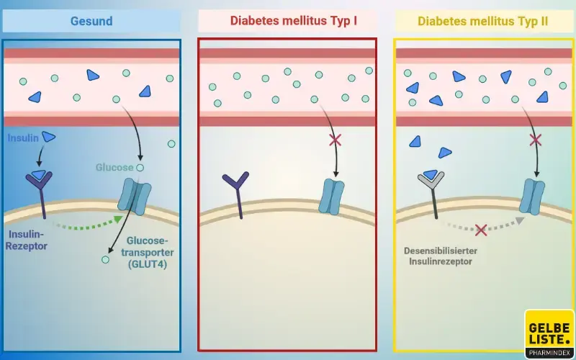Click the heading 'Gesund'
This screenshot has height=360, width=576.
coord(91,21)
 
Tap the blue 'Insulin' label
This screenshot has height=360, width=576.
coord(23,137)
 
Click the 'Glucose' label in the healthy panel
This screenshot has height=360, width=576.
coord(114,167)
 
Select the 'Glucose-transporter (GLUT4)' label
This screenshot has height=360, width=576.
coord(150,252)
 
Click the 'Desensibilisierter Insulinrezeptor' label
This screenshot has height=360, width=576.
coord(441,256)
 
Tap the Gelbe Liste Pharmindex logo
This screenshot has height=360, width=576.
coord(549,333)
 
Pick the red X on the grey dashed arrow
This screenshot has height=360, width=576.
coord(481,230)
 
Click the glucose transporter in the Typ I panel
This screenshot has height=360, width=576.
coord(332,197)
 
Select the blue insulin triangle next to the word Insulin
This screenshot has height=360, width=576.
coord(48,137)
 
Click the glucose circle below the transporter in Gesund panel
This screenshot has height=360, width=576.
coord(106,258)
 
